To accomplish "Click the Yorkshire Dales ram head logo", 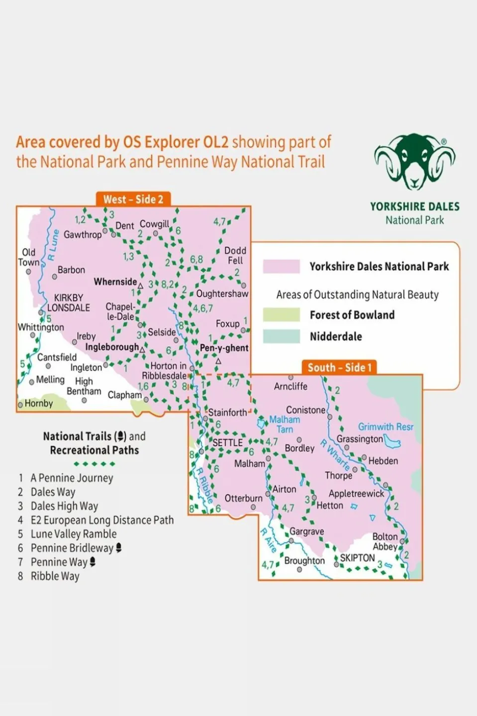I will point(415,161).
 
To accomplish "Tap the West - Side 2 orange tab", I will point(133,200).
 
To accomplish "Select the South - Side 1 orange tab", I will point(340,368).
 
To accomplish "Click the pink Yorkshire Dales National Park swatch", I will point(281,267).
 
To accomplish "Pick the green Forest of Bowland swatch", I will point(281,315).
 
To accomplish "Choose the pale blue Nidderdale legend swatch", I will point(281,336).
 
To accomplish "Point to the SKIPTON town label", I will point(357,558).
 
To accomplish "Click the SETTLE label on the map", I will point(227,442).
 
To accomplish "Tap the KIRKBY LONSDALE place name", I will point(69,303).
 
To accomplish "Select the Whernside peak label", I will point(115,282).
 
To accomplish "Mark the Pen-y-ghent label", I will point(224,348).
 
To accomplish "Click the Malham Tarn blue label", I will point(285,424).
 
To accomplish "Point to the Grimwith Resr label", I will point(385,426).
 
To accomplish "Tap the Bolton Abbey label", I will point(385,541).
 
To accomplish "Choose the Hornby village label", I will point(38,404).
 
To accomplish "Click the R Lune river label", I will point(53,245).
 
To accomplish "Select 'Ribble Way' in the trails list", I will point(55,576).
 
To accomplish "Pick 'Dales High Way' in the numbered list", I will point(64,506).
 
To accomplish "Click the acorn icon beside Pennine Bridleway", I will point(118,548).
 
